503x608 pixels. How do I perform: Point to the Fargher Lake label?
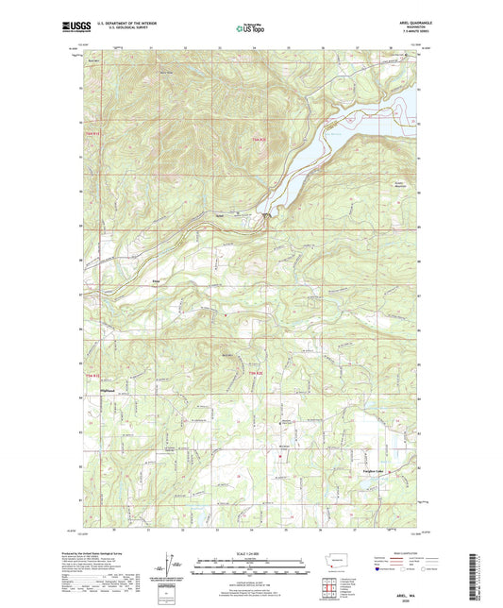pos(375,469)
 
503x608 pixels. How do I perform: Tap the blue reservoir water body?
pos(311,151)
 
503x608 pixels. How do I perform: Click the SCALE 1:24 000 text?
pos(250,552)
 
